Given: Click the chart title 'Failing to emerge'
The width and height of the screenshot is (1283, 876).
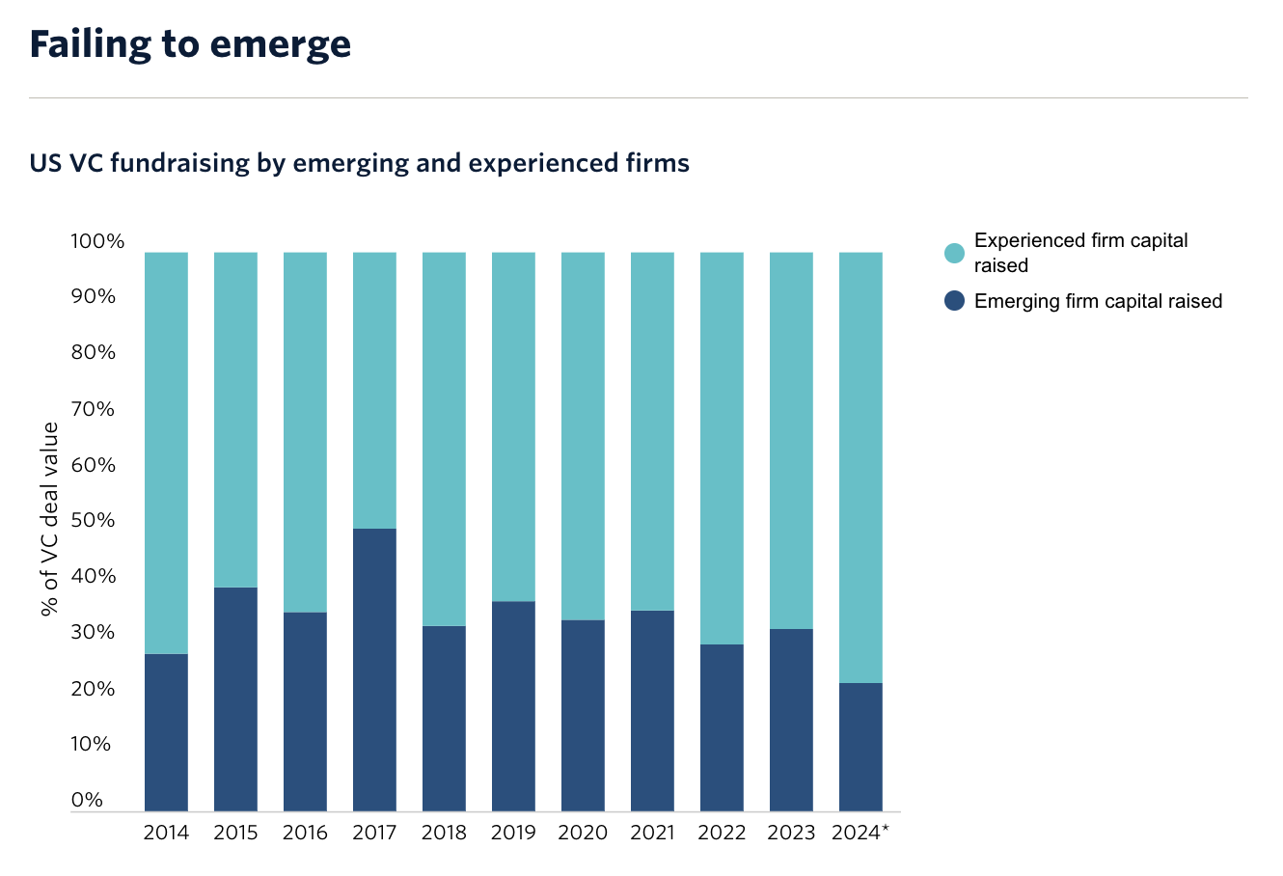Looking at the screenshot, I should pos(190,44).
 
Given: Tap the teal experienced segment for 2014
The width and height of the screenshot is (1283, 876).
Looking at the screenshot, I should pos(166,452).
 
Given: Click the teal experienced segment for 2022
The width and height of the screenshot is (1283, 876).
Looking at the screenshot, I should pos(722,448).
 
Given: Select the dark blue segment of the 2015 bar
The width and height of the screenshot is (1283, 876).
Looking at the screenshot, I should pos(235,698).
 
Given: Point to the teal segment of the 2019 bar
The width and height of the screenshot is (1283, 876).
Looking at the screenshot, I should pos(513,426).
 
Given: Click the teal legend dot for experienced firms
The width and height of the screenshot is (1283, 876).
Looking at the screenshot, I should pos(954,253).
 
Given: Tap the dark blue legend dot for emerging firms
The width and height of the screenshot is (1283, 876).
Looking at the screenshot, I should pos(954,301).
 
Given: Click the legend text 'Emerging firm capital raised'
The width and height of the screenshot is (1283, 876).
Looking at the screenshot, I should pos(1098,301).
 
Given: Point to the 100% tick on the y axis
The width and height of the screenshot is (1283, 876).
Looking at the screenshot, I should pos(97,241).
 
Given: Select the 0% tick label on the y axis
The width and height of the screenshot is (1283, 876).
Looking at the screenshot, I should pos(87,800).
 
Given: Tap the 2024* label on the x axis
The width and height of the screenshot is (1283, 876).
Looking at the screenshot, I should pos(860,833).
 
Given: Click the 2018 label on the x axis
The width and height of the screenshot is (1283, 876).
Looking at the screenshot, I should pos(444,833).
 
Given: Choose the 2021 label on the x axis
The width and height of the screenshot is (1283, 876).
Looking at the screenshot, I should pos(652,833).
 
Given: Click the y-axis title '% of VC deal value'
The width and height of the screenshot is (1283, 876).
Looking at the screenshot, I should pos(50,518).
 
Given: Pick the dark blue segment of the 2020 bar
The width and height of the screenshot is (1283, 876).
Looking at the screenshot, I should pos(583,715).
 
